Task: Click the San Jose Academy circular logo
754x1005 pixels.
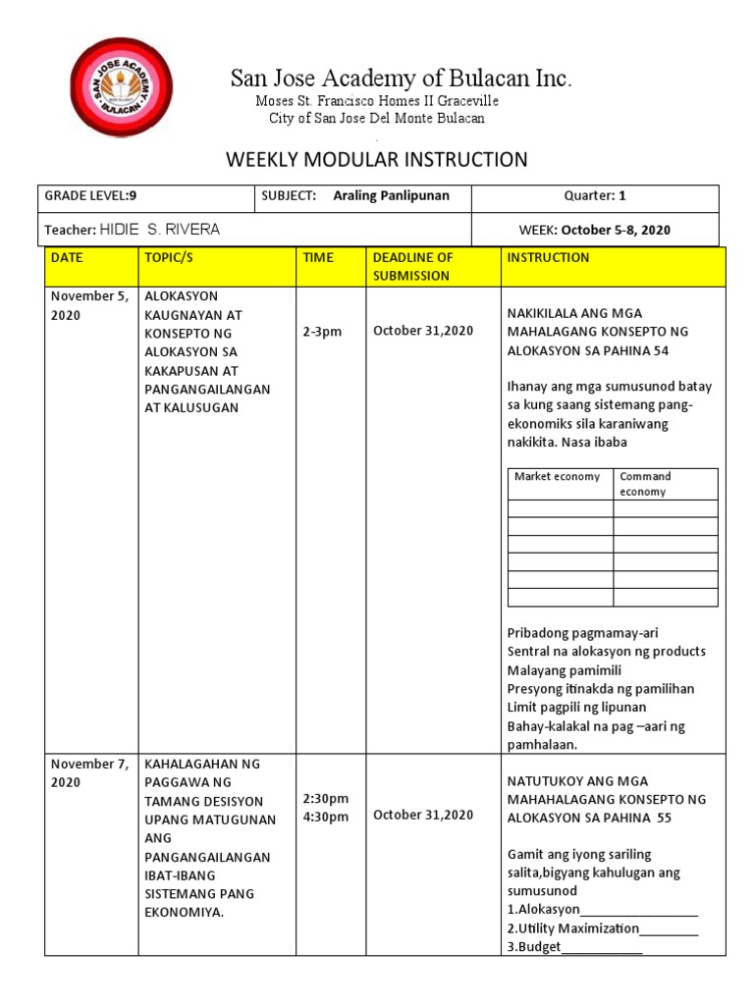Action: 122,87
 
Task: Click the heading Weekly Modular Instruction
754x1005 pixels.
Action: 377,159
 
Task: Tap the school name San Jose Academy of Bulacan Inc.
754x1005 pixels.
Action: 401,79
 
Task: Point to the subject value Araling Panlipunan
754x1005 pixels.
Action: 391,195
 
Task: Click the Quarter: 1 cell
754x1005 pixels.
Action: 595,195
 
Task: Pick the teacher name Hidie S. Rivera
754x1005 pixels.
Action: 159,230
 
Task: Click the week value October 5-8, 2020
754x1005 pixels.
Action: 616,230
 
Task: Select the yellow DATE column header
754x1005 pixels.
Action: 68,257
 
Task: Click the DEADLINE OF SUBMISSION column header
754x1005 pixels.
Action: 412,266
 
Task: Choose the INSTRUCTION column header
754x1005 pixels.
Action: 548,257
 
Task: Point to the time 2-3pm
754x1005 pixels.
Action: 322,331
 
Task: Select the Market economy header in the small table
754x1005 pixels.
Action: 558,477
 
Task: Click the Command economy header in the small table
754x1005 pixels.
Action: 646,484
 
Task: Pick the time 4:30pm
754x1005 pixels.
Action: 326,818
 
